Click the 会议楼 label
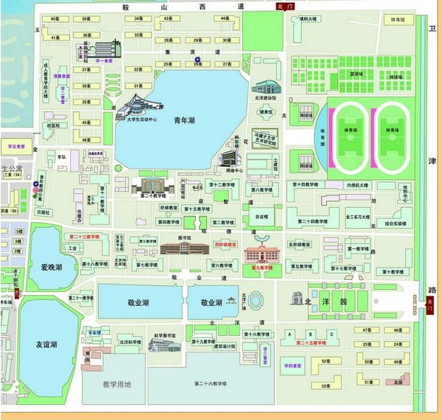[261, 216]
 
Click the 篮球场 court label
[355, 74]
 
